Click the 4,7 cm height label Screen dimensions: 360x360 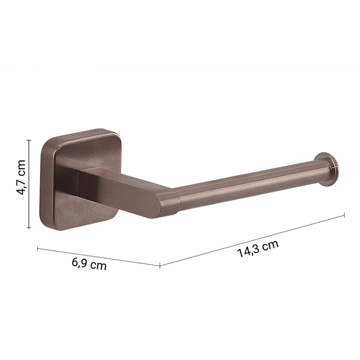coord(21,177)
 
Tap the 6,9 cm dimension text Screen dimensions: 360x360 coord(89,264)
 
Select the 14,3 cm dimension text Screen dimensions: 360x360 coord(258,249)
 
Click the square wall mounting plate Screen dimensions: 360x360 coord(80,179)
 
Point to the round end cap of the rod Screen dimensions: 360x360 coord(327,169)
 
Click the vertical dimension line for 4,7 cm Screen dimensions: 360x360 coord(29,184)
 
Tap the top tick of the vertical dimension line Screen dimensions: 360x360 coord(29,140)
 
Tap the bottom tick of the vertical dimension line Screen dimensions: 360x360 coord(29,228)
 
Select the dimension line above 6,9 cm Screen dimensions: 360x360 coord(99,257)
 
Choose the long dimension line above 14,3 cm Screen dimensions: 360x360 coord(252,241)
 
